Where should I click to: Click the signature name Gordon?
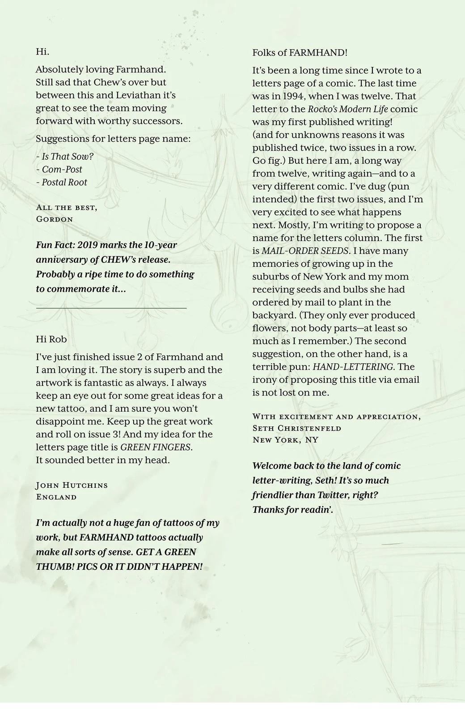click(x=54, y=219)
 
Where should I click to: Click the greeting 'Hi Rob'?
click(x=51, y=339)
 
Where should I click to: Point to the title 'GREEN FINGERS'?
click(x=156, y=447)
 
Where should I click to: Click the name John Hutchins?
click(x=72, y=485)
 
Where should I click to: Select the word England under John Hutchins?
click(x=56, y=497)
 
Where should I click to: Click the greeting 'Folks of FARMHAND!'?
click(x=300, y=52)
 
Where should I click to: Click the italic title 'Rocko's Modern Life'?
click(x=348, y=109)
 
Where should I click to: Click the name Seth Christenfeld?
click(x=297, y=428)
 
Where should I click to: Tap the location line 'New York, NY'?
click(x=285, y=440)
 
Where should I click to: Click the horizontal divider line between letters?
click(x=111, y=308)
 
